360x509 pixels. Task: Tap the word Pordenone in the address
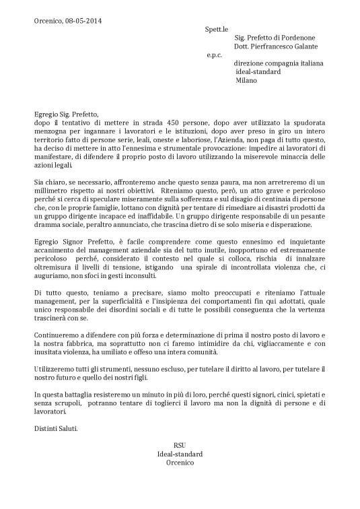(x=296, y=38)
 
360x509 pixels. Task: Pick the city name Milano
(x=247, y=80)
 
